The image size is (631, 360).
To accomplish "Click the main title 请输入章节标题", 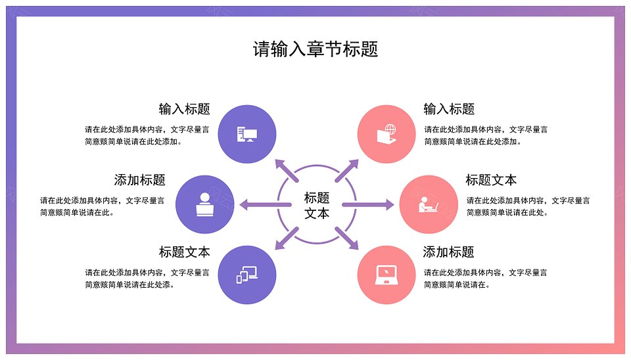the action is [315, 49].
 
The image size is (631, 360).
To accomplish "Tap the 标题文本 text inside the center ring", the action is [317, 205].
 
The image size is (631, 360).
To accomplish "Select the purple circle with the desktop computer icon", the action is [247, 134].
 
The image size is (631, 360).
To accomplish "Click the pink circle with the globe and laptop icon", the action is [386, 134].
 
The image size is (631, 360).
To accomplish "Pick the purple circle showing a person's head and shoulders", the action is [205, 204].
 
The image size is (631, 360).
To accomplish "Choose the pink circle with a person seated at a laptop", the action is [429, 204].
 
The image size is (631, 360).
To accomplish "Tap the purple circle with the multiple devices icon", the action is [247, 275].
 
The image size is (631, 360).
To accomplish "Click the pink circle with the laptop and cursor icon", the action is [386, 275].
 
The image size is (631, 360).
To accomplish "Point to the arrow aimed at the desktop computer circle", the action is [287, 171].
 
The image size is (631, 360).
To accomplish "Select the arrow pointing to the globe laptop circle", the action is [346, 171].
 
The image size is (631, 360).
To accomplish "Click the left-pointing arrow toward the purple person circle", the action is [265, 205].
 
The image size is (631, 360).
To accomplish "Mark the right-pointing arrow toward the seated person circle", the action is [368, 205].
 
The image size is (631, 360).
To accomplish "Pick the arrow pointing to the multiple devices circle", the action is [287, 238].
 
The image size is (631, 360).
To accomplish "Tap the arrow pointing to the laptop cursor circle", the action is [346, 238].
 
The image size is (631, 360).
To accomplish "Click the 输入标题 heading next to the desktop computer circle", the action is [184, 109].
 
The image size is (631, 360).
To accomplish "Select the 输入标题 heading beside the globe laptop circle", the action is [449, 109].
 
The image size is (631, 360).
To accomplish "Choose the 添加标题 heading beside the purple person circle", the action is [139, 180].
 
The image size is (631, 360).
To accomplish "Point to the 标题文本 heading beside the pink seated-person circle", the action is [491, 180].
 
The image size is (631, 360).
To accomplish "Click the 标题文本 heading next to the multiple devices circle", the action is [184, 252].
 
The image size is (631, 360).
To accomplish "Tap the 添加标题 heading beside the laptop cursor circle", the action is [448, 252].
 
